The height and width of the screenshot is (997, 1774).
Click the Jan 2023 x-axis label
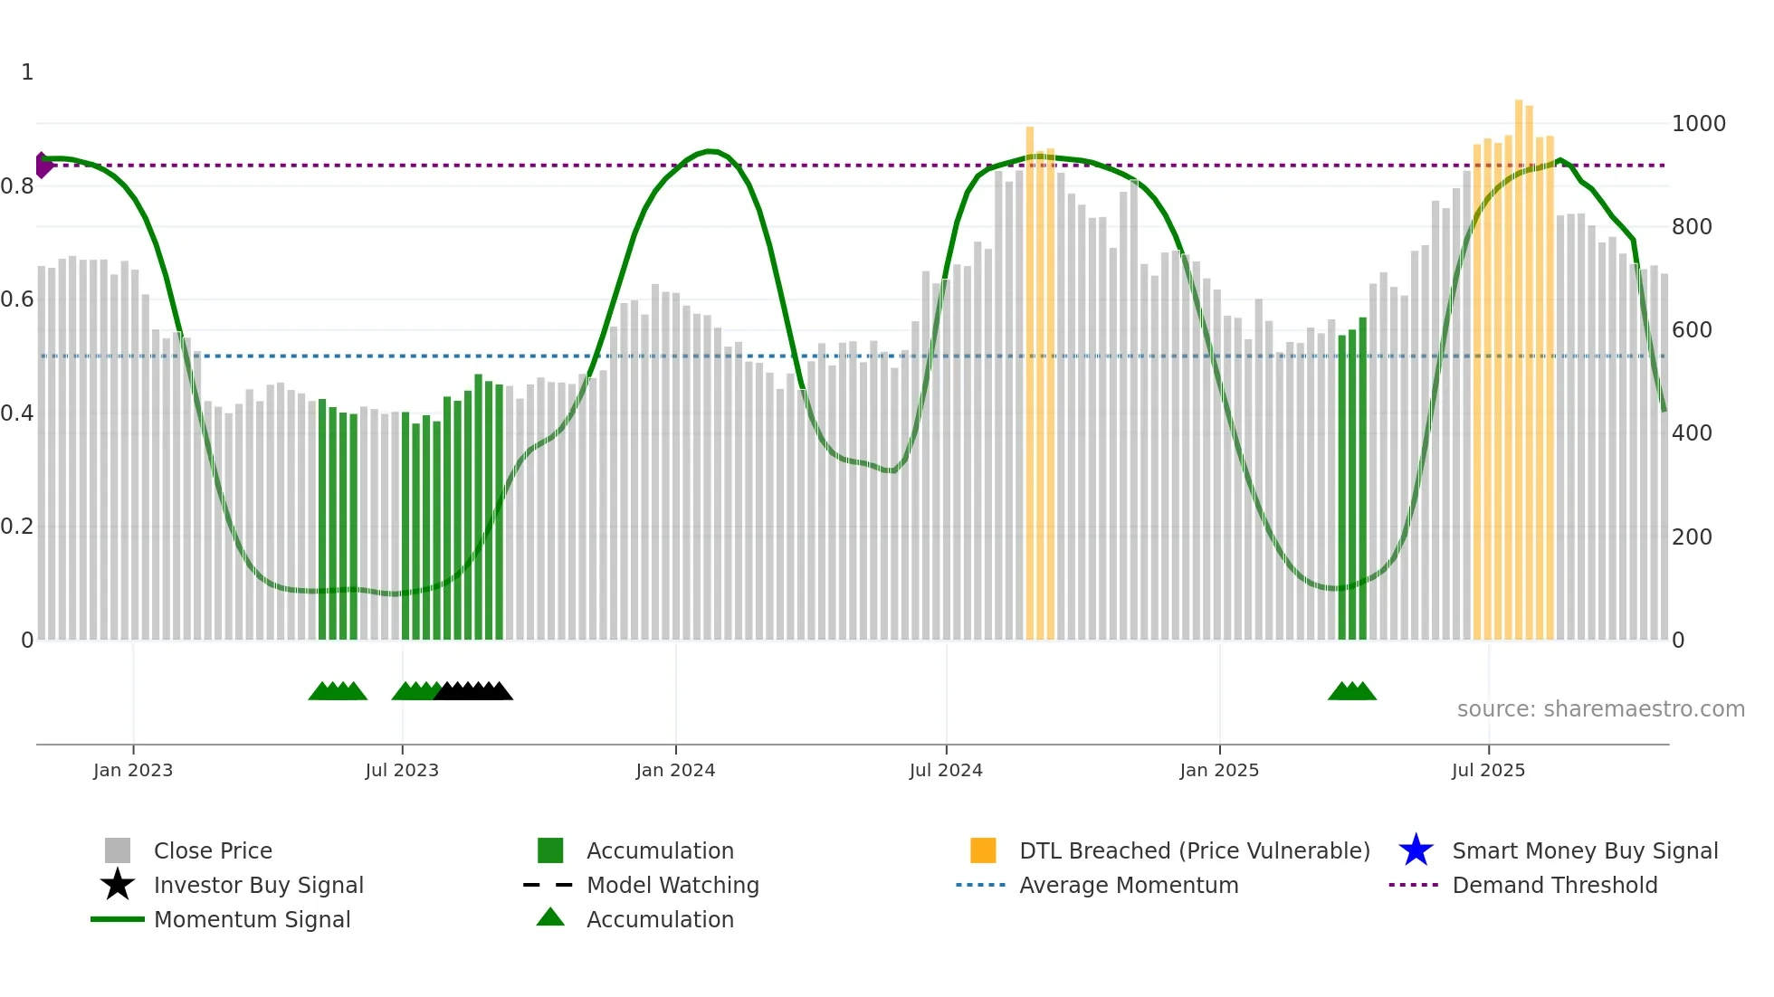132,770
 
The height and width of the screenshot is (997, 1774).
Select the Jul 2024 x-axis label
945,770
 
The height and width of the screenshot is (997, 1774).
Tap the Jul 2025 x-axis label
1487,770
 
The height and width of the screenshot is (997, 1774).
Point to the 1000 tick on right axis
1698,124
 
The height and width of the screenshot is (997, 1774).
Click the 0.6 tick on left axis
18,299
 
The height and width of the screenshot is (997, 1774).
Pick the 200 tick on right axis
1692,537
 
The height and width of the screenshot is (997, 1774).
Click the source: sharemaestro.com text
1600,709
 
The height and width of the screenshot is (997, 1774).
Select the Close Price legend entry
212,851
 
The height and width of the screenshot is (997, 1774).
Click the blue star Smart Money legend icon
1416,850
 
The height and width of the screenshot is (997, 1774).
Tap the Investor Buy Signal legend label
258,886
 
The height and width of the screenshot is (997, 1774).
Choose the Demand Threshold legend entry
1554,886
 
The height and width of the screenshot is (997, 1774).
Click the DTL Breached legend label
1194,851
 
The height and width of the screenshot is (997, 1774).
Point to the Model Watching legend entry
672,886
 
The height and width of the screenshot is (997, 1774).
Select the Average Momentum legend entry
1128,886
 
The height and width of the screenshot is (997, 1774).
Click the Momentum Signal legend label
252,920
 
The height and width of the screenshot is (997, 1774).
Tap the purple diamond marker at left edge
43,166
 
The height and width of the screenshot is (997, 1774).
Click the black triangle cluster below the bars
473,692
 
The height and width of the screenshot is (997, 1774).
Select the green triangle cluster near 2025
1351,692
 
